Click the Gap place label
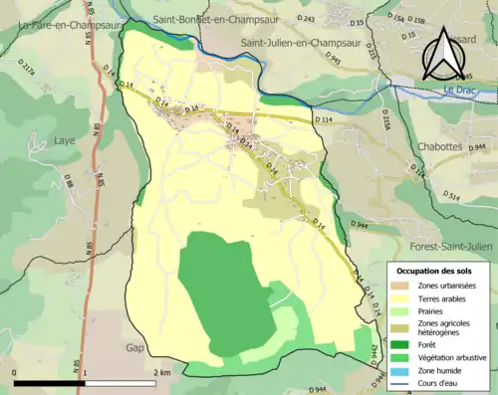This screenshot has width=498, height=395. point(135,348)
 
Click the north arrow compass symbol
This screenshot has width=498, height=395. point(442,55)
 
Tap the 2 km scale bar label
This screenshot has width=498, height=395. point(163,372)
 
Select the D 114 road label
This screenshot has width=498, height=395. point(321,119)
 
